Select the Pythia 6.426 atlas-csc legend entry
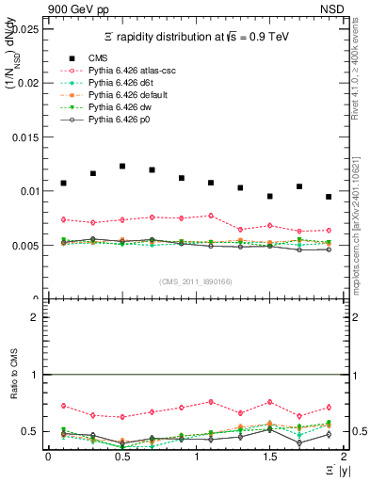[x=128, y=70]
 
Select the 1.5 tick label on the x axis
[x=270, y=457]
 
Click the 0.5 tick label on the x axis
[x=122, y=457]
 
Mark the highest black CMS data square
[x=122, y=166]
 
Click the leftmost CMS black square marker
[x=63, y=183]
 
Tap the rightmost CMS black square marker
[x=329, y=197]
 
